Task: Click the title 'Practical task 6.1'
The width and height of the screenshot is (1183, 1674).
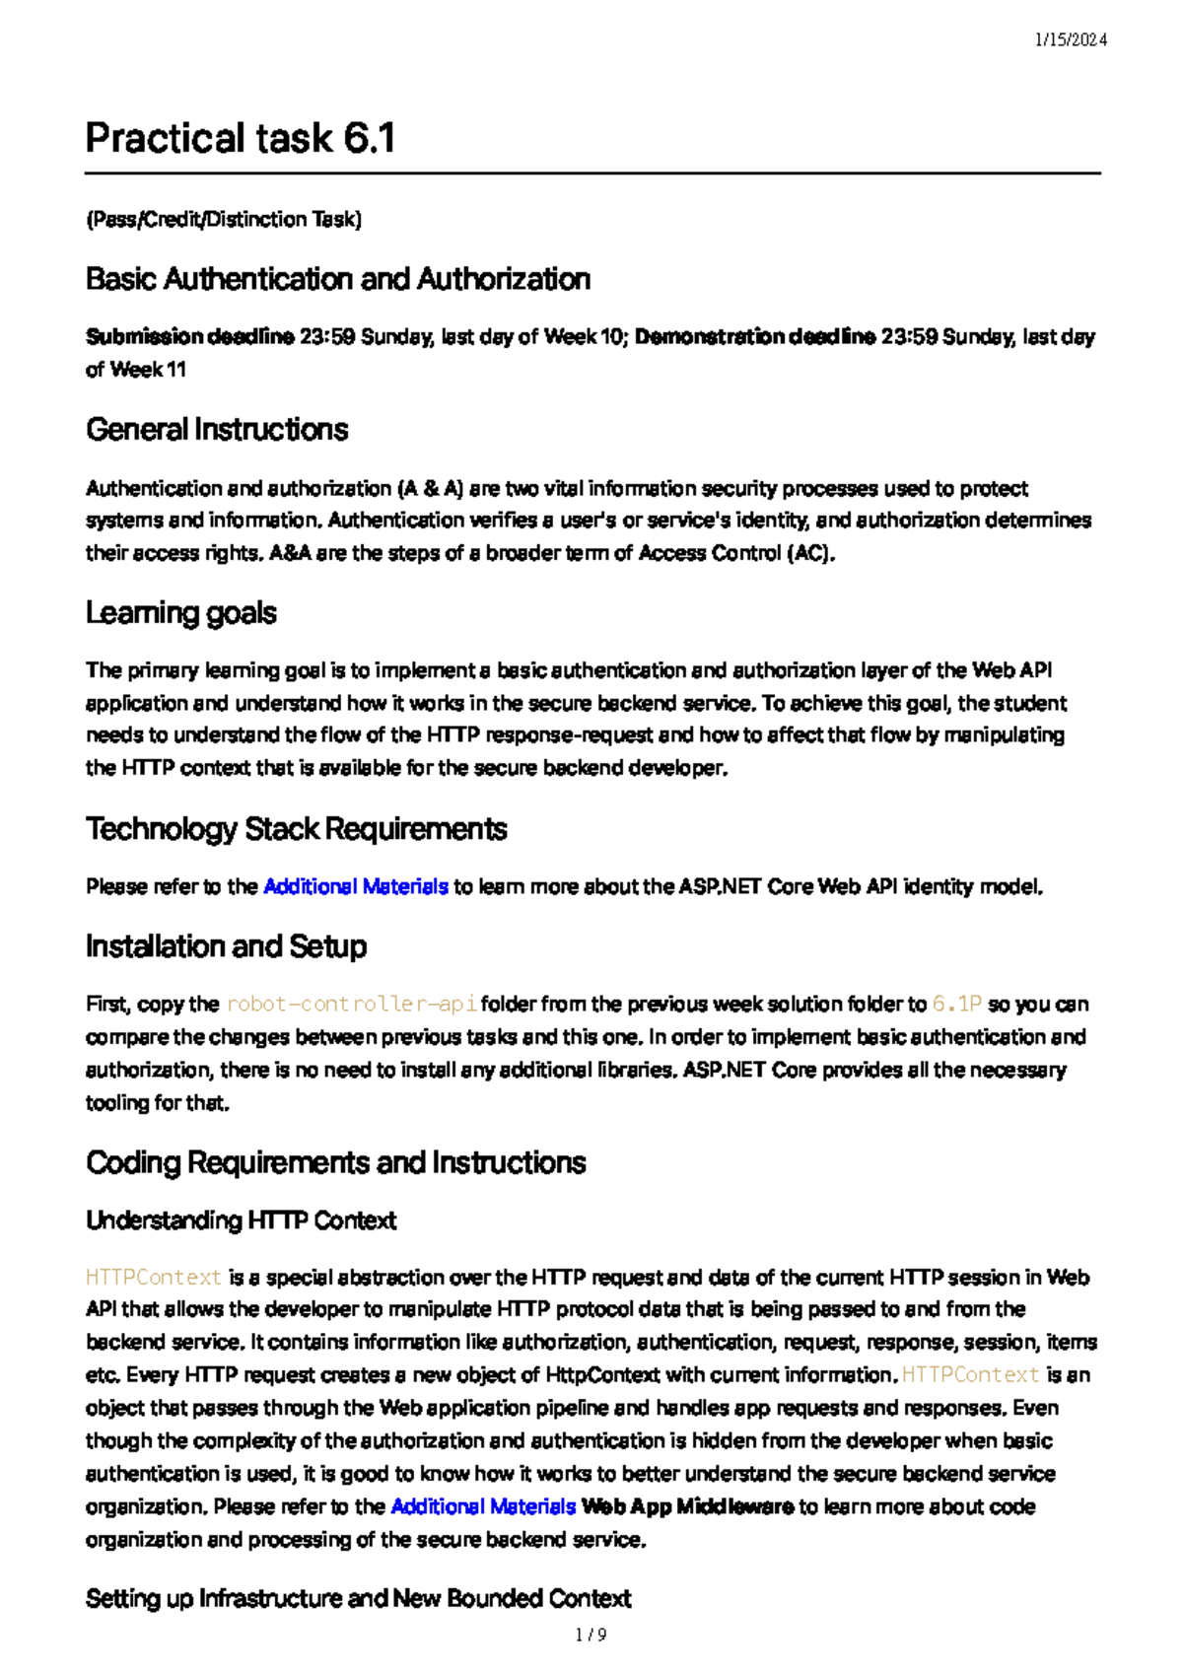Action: (240, 138)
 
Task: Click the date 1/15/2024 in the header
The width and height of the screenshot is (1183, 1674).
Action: (1071, 40)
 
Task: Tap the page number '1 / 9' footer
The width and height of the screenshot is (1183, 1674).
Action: (591, 1636)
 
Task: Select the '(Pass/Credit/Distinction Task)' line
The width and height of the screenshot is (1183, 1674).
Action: (224, 220)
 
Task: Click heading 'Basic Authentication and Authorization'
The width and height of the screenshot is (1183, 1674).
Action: (338, 280)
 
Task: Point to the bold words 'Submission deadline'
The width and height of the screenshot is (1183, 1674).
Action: (189, 337)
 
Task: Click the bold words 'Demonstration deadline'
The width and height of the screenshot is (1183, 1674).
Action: (755, 337)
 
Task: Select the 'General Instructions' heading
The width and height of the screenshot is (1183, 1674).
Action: (217, 430)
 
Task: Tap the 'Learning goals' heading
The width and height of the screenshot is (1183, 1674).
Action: (181, 613)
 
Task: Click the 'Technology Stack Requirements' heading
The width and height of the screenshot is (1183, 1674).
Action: (296, 829)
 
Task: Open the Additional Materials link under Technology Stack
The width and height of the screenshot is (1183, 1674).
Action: (356, 887)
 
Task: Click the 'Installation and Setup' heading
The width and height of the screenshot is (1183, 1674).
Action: (226, 946)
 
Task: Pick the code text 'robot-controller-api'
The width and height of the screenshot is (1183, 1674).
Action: (352, 1005)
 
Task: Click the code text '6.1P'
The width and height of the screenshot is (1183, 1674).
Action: (957, 1005)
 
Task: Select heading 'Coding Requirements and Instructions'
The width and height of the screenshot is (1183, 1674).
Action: (335, 1163)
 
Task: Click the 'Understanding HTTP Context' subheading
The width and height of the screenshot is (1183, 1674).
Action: (241, 1221)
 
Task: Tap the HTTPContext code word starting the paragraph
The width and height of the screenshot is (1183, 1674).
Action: (154, 1278)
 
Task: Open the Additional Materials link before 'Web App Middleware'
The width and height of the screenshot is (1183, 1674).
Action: (483, 1507)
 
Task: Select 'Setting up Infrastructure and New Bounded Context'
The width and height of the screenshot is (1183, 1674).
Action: (358, 1599)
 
